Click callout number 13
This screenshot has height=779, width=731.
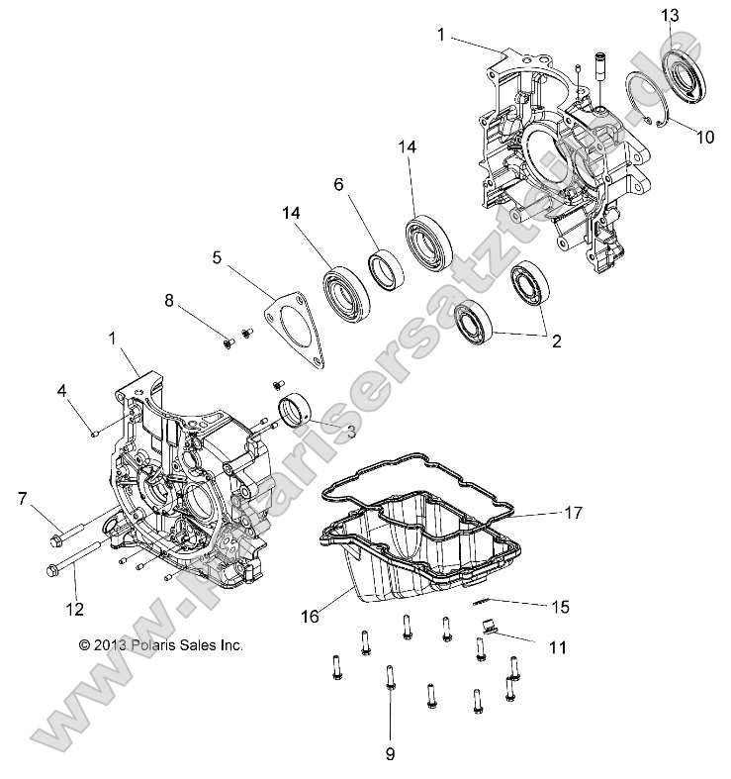670,15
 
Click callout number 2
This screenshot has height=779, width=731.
556,341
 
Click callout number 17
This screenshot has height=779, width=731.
573,513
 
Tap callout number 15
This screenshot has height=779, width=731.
562,605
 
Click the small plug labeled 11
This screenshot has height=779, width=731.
486,625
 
